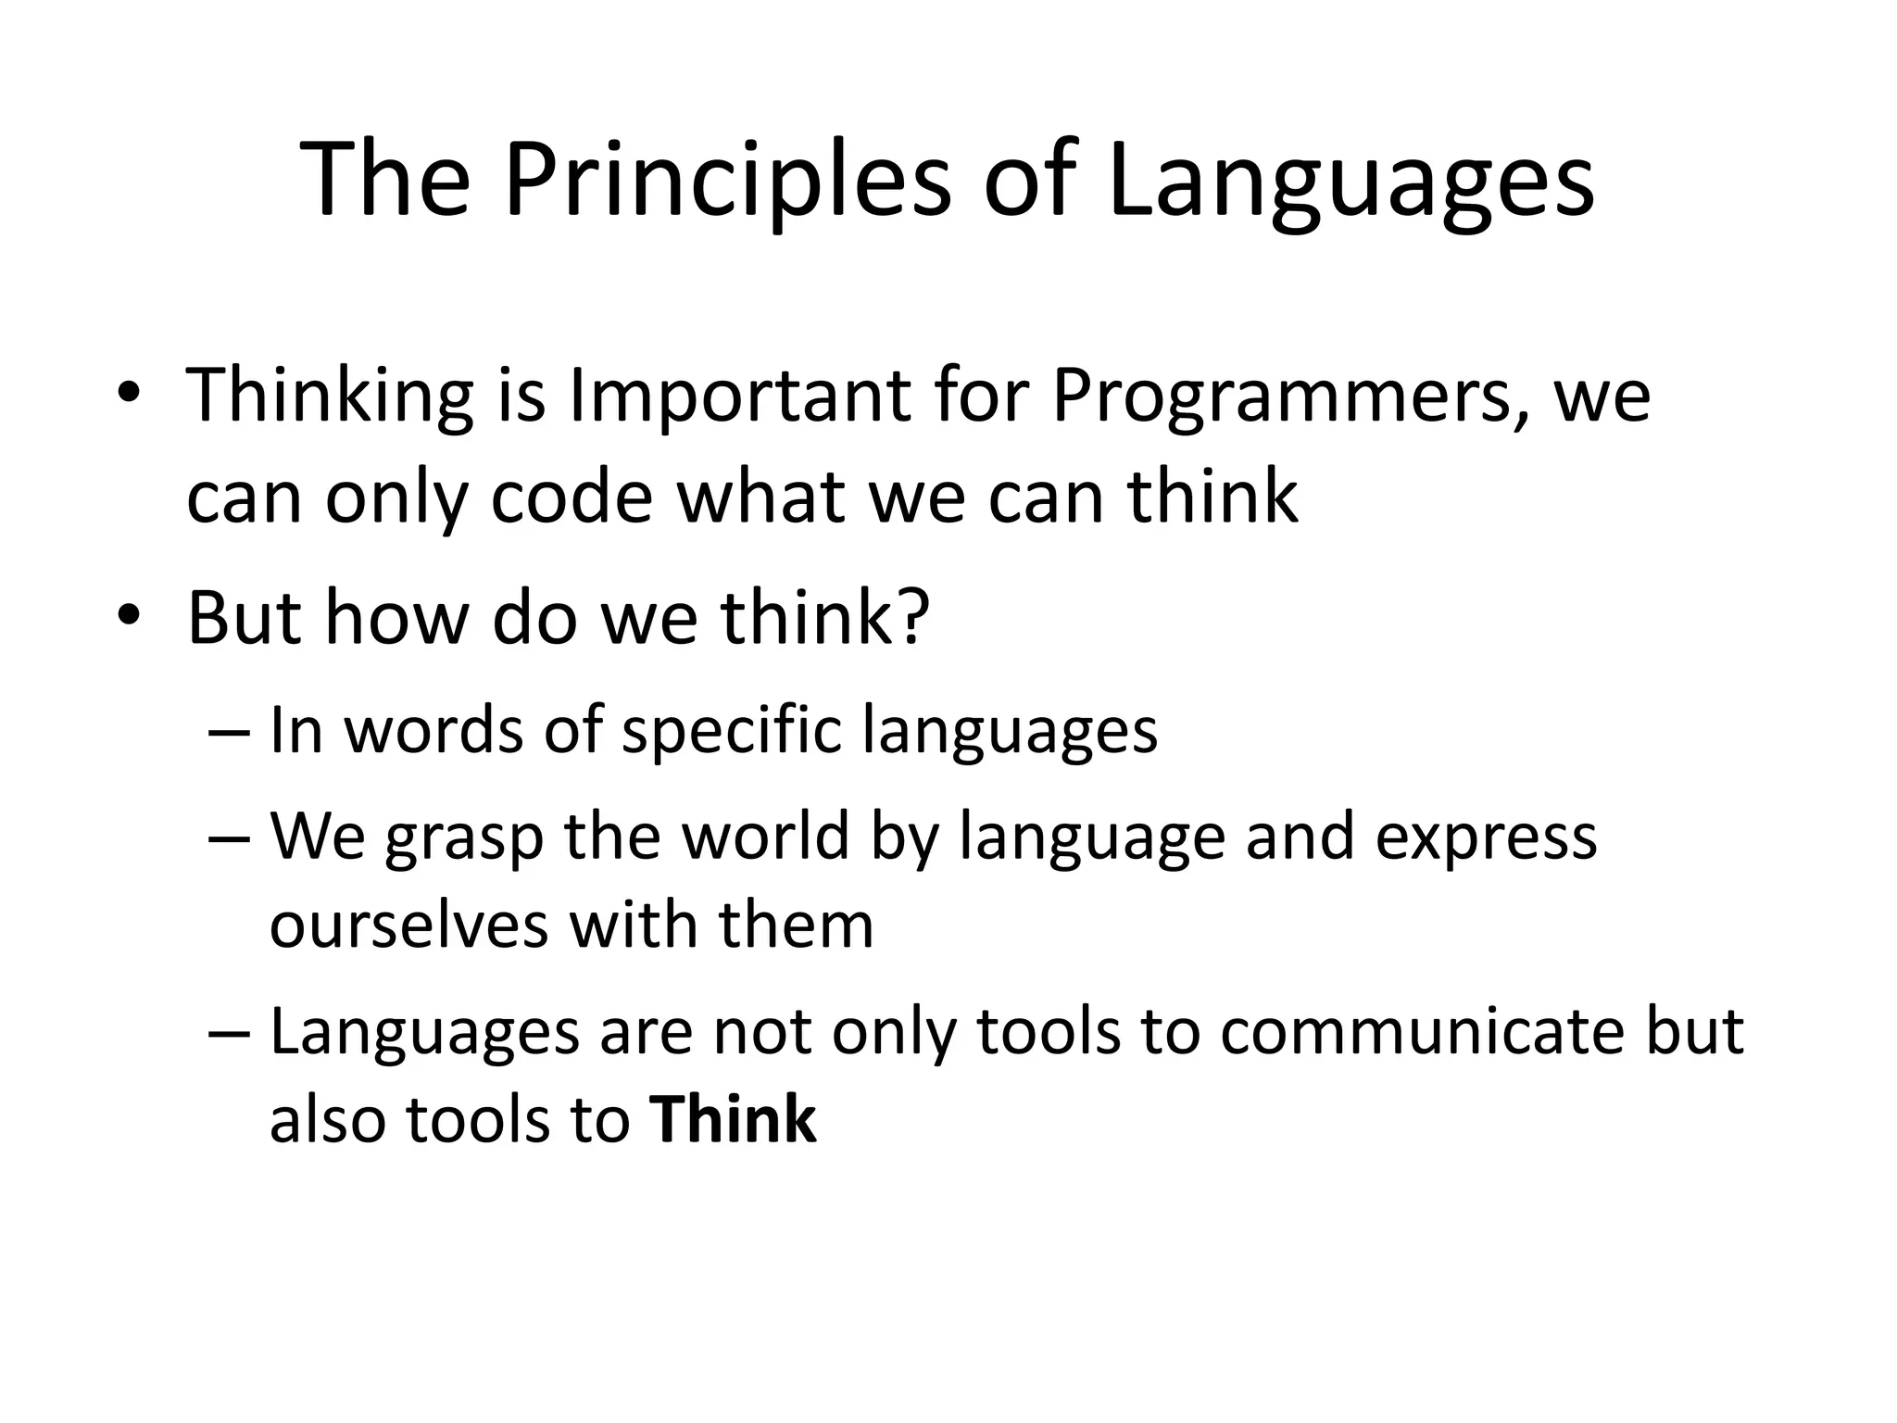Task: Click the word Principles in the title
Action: [727, 181]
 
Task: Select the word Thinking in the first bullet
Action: [330, 397]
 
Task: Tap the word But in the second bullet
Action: [244, 618]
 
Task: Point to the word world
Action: [765, 836]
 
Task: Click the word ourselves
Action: [408, 926]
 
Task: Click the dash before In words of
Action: [230, 733]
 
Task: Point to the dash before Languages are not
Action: [230, 1034]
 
